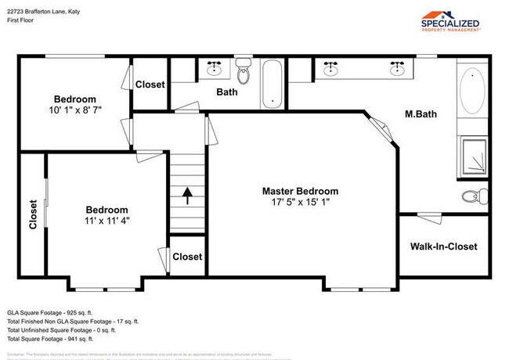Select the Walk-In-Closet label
(x=443, y=247)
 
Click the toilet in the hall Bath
(x=244, y=74)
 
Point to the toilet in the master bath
(x=471, y=196)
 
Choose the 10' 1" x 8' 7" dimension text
(x=75, y=111)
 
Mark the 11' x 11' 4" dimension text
(x=106, y=221)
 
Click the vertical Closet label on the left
(x=33, y=214)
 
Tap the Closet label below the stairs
(x=186, y=257)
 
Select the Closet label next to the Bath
(x=150, y=85)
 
